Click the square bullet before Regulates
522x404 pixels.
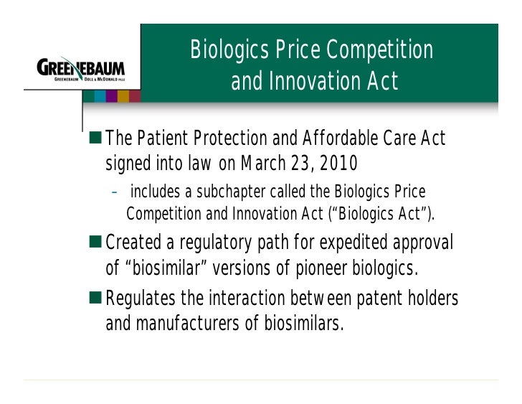[x=97, y=298]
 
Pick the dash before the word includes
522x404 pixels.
[x=115, y=192]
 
